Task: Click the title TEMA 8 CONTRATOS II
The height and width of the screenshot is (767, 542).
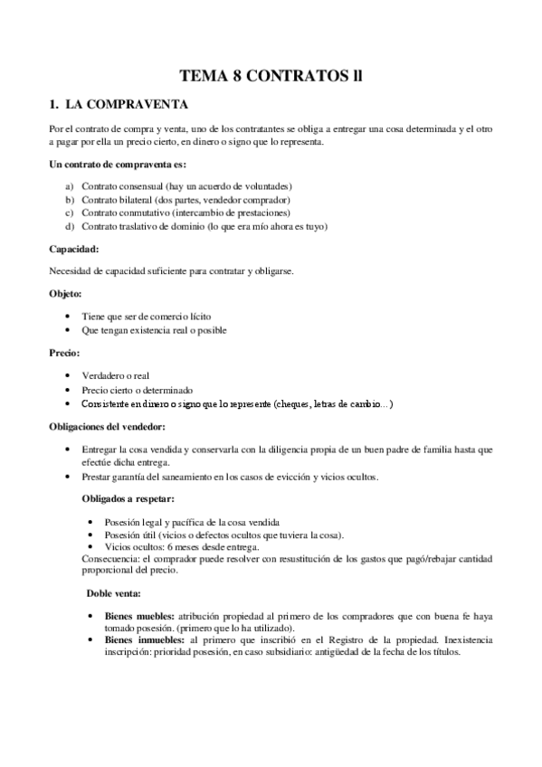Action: click(x=271, y=77)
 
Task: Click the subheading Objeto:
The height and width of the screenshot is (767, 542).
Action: click(x=65, y=293)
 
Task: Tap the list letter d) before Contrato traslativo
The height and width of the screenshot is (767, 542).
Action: click(x=69, y=225)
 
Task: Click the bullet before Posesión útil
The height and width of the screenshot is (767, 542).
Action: click(x=94, y=535)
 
